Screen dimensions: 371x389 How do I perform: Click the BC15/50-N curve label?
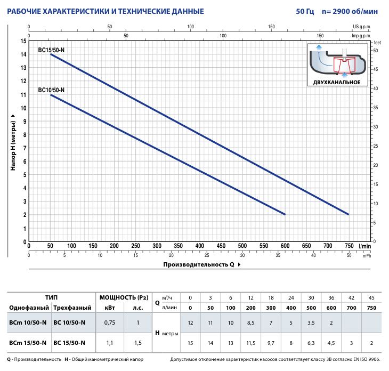pyautogui.click(x=51, y=50)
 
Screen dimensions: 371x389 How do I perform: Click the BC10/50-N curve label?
pyautogui.click(x=51, y=90)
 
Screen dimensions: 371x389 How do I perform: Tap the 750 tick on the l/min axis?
pyautogui.click(x=349, y=246)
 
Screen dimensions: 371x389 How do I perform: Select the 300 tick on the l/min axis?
pyautogui.click(x=157, y=246)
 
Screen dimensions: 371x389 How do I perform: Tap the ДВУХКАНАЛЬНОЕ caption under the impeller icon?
pyautogui.click(x=337, y=82)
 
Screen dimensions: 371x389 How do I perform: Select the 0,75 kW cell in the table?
pyautogui.click(x=110, y=322)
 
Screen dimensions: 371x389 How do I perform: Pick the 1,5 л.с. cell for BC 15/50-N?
pyautogui.click(x=138, y=343)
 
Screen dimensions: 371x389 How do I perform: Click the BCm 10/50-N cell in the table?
pyautogui.click(x=28, y=322)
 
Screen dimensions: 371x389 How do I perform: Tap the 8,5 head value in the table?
pyautogui.click(x=250, y=322)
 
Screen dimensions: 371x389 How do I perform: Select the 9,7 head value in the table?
pyautogui.click(x=271, y=343)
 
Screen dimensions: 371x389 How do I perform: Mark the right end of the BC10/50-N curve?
pyautogui.click(x=285, y=214)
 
